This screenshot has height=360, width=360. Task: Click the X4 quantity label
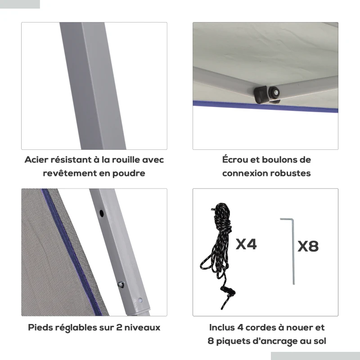(x=246, y=244)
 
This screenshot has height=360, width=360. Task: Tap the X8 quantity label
(x=308, y=247)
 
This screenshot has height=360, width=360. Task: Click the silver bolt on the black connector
(x=273, y=93)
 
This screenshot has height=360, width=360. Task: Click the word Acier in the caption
(x=36, y=160)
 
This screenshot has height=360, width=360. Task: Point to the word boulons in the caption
(x=281, y=160)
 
